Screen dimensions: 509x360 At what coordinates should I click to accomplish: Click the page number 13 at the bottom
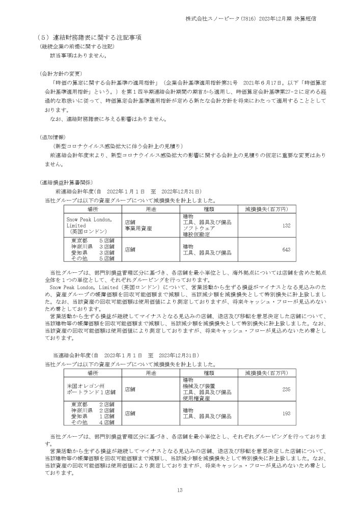coord(180,490)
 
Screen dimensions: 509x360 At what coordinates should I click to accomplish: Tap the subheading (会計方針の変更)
coord(61,73)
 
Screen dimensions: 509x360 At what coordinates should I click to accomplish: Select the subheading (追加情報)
coord(52,137)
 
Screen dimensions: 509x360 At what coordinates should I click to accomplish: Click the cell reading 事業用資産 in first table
coord(139,229)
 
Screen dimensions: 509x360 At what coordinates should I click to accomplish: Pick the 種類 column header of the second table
coord(210,373)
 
